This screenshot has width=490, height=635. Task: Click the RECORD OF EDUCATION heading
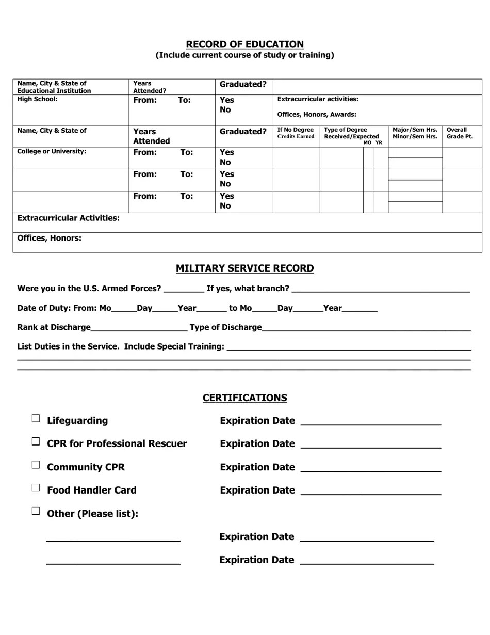(244, 44)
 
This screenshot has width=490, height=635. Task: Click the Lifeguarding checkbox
(36, 418)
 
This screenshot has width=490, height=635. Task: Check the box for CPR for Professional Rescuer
(36, 441)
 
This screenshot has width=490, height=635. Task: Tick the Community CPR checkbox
(36, 465)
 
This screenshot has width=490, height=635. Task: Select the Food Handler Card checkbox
(36, 488)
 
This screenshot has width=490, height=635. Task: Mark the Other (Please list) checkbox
(36, 511)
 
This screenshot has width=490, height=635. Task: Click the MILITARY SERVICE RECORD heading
(244, 268)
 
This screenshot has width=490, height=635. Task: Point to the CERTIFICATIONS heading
(244, 398)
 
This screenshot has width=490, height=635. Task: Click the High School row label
(38, 99)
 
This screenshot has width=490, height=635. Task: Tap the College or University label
(52, 152)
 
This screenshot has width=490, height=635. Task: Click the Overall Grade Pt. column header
(460, 133)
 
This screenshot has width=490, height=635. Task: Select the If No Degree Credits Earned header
(296, 133)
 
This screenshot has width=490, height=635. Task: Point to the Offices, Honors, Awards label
(317, 115)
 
